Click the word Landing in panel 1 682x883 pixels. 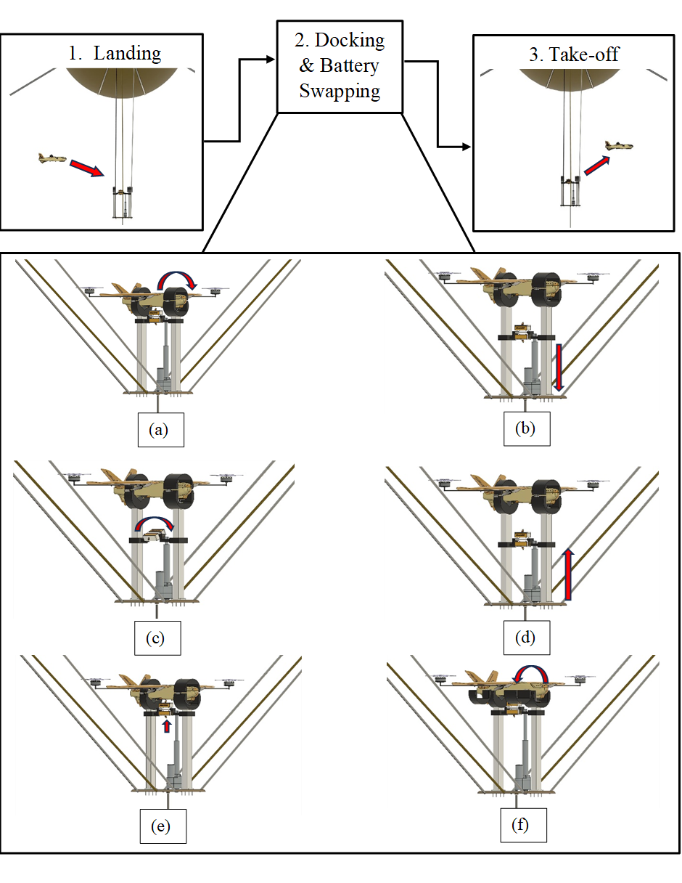[127, 54]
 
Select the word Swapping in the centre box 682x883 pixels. [340, 91]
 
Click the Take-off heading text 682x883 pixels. [574, 54]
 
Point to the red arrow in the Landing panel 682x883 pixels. [86, 168]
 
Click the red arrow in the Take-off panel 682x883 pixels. [597, 166]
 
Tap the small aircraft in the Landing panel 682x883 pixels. [52, 158]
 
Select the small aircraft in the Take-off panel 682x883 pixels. [619, 145]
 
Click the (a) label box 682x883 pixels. [161, 430]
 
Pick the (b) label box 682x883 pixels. [527, 428]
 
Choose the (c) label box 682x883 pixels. [157, 638]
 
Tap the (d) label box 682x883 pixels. [527, 637]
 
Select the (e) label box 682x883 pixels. [163, 826]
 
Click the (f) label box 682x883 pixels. [523, 825]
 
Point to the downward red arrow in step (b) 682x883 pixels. [559, 367]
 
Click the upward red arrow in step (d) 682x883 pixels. [568, 574]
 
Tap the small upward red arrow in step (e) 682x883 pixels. [166, 725]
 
